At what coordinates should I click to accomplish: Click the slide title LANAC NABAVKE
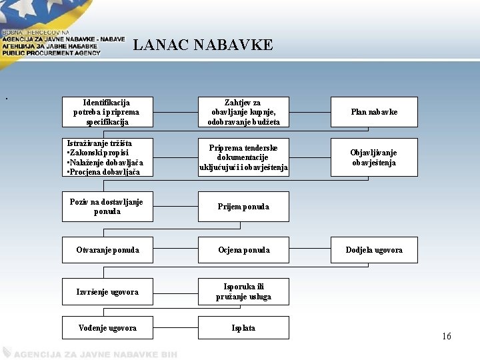click(x=203, y=45)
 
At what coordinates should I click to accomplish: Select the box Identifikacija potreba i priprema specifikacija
click(x=107, y=112)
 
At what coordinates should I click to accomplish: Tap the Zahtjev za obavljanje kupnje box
click(x=243, y=112)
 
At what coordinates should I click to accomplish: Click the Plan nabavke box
click(x=374, y=112)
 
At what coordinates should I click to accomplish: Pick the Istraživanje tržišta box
click(x=107, y=157)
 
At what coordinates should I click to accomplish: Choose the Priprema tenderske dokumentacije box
click(x=243, y=157)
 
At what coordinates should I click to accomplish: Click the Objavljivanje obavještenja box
click(x=374, y=157)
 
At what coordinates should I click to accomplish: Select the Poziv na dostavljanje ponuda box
click(x=107, y=207)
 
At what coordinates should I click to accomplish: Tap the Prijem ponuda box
click(x=243, y=207)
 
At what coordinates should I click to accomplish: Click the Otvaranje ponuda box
click(x=107, y=250)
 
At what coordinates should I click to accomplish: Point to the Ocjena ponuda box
click(x=243, y=250)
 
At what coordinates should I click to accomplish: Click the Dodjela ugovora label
click(x=374, y=250)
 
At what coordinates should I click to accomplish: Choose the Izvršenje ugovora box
click(x=107, y=292)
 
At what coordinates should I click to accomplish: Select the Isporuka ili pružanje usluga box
click(x=243, y=292)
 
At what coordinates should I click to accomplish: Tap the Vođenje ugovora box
click(x=107, y=328)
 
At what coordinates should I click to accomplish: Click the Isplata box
click(x=243, y=328)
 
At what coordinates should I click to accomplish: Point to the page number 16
click(x=446, y=337)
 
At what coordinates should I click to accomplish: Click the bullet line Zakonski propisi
click(x=99, y=153)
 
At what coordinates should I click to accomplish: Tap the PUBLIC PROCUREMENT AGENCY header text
click(x=51, y=53)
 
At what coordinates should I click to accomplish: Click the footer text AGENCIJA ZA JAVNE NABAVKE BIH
click(x=94, y=354)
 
